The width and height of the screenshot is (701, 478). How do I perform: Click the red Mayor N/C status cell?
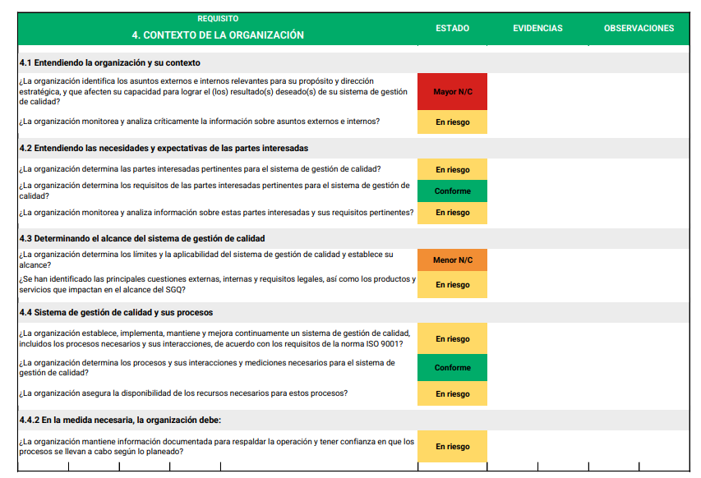(452, 92)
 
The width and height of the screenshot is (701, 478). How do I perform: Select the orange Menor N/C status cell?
(452, 260)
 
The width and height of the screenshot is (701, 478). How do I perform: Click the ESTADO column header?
(452, 28)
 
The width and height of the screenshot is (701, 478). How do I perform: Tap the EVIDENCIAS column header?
(537, 28)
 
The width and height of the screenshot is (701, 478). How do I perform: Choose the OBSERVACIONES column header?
(639, 28)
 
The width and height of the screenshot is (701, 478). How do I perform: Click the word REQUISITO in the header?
(218, 18)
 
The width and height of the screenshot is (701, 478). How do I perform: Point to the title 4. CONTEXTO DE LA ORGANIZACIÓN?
(218, 35)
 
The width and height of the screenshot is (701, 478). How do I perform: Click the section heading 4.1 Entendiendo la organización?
(109, 62)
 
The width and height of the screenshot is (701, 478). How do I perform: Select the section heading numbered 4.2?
(164, 149)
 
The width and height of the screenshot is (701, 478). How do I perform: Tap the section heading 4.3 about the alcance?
(141, 238)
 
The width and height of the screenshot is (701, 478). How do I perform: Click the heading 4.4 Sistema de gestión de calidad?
(116, 313)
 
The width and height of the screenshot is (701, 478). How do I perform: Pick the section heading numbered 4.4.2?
(120, 420)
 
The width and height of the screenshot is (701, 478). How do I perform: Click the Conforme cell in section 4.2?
(452, 191)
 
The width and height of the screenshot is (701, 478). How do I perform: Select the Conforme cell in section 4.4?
(452, 368)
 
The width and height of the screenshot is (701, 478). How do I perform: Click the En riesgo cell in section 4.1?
(452, 122)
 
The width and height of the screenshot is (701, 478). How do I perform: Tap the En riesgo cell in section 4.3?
(452, 285)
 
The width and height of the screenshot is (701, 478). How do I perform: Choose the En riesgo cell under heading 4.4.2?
(452, 447)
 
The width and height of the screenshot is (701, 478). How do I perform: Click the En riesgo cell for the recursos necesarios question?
(452, 394)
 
